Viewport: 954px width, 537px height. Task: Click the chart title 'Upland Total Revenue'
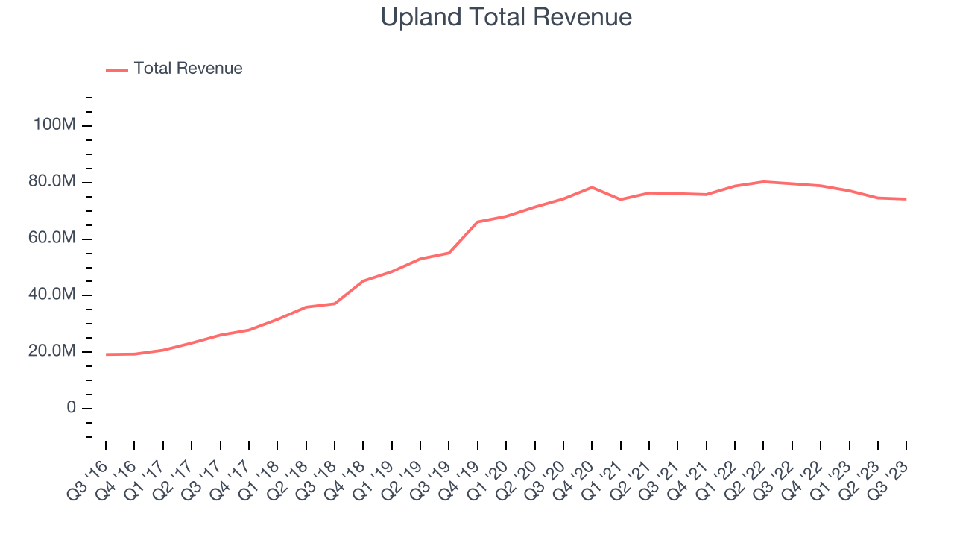tap(506, 17)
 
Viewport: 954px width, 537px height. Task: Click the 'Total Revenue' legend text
tap(188, 69)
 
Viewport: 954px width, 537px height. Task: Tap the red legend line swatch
tap(117, 69)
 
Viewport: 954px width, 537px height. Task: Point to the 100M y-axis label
tap(54, 125)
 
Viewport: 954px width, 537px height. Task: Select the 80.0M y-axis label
tap(52, 182)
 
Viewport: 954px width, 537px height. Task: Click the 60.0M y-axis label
tap(52, 238)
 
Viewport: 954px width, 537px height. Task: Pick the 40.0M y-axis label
tap(52, 295)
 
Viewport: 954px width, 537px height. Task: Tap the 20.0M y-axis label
tap(52, 351)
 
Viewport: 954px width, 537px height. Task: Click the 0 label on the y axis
tap(71, 408)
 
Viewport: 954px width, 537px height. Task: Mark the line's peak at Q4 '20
tap(592, 187)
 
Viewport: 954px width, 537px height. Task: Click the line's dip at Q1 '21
tap(620, 199)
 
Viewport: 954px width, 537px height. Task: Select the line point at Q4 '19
tap(477, 222)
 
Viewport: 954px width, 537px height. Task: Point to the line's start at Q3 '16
tap(106, 354)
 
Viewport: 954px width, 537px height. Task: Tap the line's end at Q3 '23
tap(906, 199)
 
